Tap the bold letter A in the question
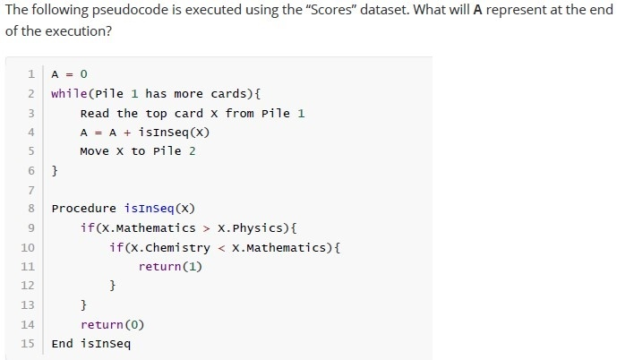coord(477,10)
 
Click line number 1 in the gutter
coord(31,74)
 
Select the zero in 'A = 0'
coord(83,74)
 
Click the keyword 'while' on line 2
coord(69,94)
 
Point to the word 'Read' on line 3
coord(94,114)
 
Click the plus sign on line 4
coord(127,133)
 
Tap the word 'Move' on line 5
coord(94,151)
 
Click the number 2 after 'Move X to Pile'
coord(192,151)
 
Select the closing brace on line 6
coord(55,171)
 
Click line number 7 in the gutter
coord(31,191)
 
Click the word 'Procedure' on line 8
coord(84,209)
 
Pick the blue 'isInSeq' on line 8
coord(150,209)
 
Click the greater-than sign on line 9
coord(206,228)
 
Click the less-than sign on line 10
coord(221,248)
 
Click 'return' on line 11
coord(159,267)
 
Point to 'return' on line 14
coord(102,325)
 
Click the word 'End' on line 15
coord(62,344)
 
